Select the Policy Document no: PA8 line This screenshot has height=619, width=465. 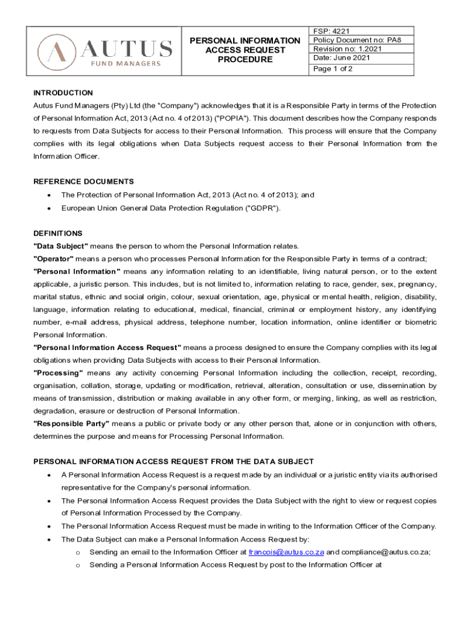tap(356, 40)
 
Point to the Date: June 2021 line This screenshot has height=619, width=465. tap(342, 58)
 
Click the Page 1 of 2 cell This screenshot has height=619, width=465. tap(333, 69)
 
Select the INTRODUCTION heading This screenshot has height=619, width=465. tap(63, 93)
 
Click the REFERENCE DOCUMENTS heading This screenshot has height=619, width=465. tap(83, 182)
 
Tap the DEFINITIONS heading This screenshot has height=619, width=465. tap(57, 233)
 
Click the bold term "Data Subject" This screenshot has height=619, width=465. tap(61, 246)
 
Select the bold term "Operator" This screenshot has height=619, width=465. tap(54, 259)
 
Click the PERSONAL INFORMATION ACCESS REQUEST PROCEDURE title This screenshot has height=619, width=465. tap(245, 50)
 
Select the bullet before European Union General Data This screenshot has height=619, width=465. tap(48, 208)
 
